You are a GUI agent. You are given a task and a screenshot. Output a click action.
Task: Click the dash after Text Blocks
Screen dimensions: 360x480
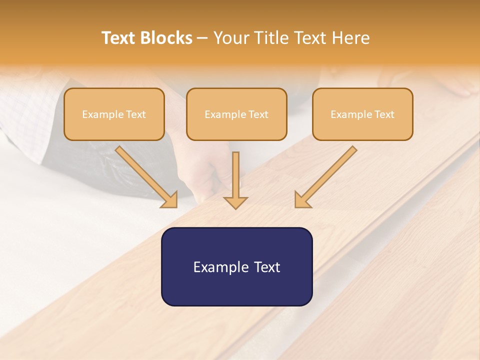203,38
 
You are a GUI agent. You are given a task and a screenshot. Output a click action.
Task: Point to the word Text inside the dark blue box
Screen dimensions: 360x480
266,267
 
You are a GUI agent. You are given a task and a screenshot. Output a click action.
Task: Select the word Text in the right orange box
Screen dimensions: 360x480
384,114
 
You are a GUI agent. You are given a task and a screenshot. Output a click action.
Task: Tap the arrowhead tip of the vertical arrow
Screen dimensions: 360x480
235,207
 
